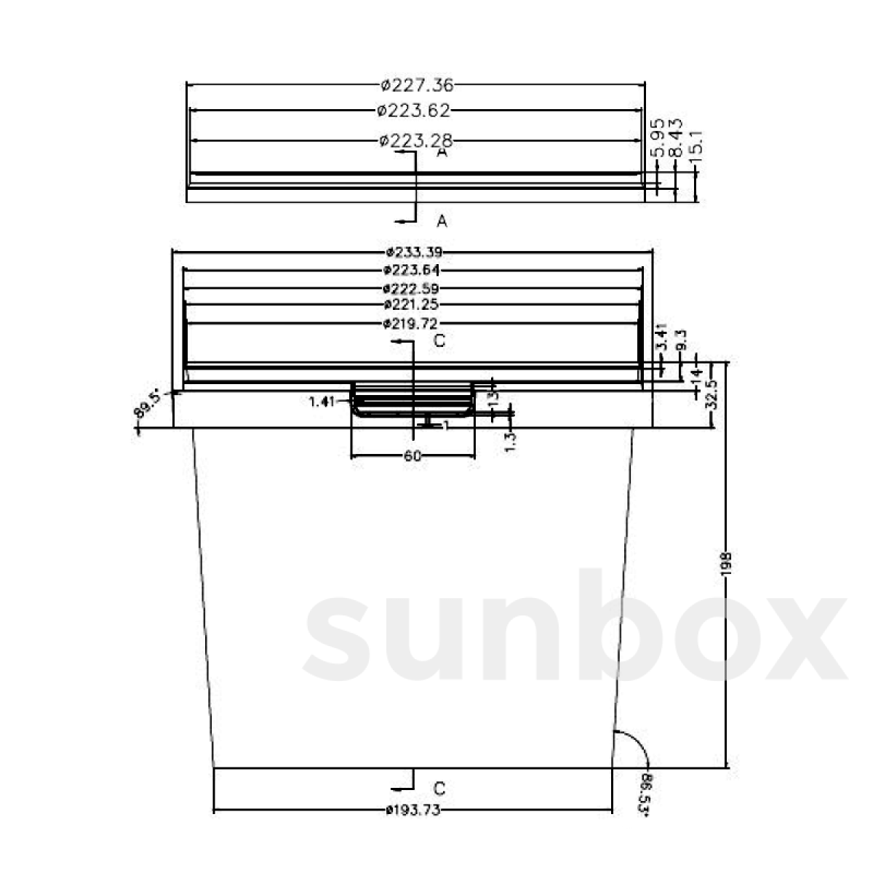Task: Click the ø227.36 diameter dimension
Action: (417, 86)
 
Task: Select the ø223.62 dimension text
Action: (414, 111)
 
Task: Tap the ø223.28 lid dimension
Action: (416, 140)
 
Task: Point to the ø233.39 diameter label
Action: (414, 252)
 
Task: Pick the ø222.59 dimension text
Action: (414, 289)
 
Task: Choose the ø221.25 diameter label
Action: (414, 304)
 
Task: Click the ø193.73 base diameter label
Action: (413, 810)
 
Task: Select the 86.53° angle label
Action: (645, 794)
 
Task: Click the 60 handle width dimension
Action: (412, 456)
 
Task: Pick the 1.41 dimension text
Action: (321, 401)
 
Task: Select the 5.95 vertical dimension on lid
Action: (656, 139)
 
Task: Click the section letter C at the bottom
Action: (439, 788)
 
